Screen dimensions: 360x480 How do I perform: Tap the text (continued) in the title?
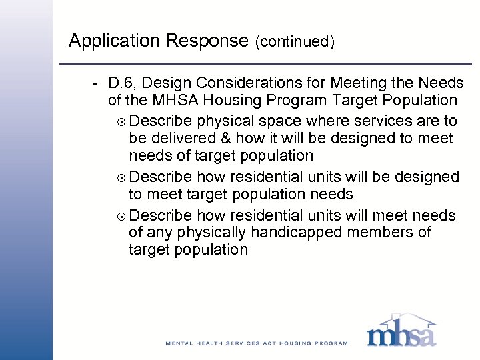point(294,42)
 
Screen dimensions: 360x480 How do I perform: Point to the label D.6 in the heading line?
point(122,83)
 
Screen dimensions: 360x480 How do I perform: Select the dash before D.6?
point(97,83)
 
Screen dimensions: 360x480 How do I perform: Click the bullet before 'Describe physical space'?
point(120,121)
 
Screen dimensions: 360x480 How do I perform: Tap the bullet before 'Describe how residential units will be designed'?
point(120,178)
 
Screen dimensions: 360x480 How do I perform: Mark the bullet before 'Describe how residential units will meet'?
point(120,216)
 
